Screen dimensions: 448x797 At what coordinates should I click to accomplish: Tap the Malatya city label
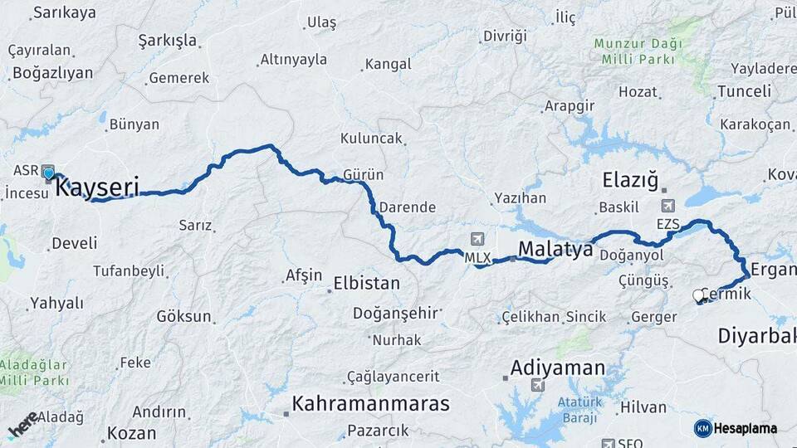point(555,249)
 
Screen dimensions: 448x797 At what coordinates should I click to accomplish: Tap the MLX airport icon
point(477,240)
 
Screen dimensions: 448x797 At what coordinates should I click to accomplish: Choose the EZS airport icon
point(667,206)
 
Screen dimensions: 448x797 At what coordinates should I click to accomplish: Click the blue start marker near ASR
point(49,173)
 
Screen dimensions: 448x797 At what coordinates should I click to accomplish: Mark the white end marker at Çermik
point(698,295)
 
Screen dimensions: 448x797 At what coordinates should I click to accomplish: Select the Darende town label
point(407,207)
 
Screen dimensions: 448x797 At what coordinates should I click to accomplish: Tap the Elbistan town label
point(366,283)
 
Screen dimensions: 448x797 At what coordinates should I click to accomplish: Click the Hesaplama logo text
point(745,428)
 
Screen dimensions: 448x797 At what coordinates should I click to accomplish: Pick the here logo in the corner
point(22,423)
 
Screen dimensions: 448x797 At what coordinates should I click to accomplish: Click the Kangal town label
point(388,64)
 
